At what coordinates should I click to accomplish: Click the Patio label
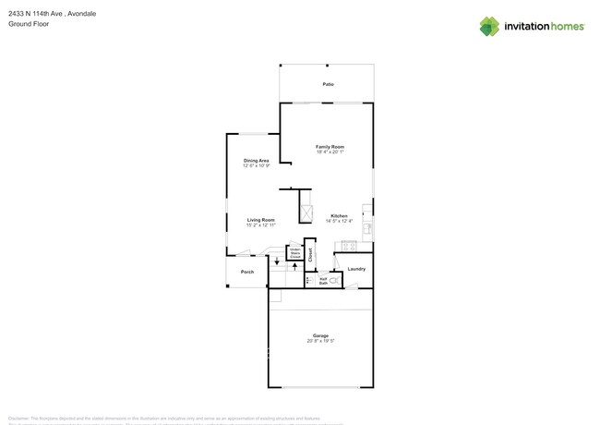coord(328,84)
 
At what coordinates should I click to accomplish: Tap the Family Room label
coord(330,147)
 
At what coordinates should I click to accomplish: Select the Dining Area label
coord(256,161)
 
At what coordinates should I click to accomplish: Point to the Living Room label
coord(260,220)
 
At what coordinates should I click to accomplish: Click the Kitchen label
coord(339,216)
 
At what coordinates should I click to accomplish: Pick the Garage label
coord(320,335)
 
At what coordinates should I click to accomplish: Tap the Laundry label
coord(356,269)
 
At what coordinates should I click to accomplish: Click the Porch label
coord(247,272)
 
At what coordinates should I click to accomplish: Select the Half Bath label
coord(324,280)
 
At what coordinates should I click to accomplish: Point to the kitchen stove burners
coord(349,246)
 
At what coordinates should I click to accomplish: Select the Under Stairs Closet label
coord(295,252)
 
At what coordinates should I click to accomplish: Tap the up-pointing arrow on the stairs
coord(294,266)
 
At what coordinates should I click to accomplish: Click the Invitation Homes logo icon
coord(490,26)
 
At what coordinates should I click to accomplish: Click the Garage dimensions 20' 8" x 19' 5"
coord(320,342)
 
